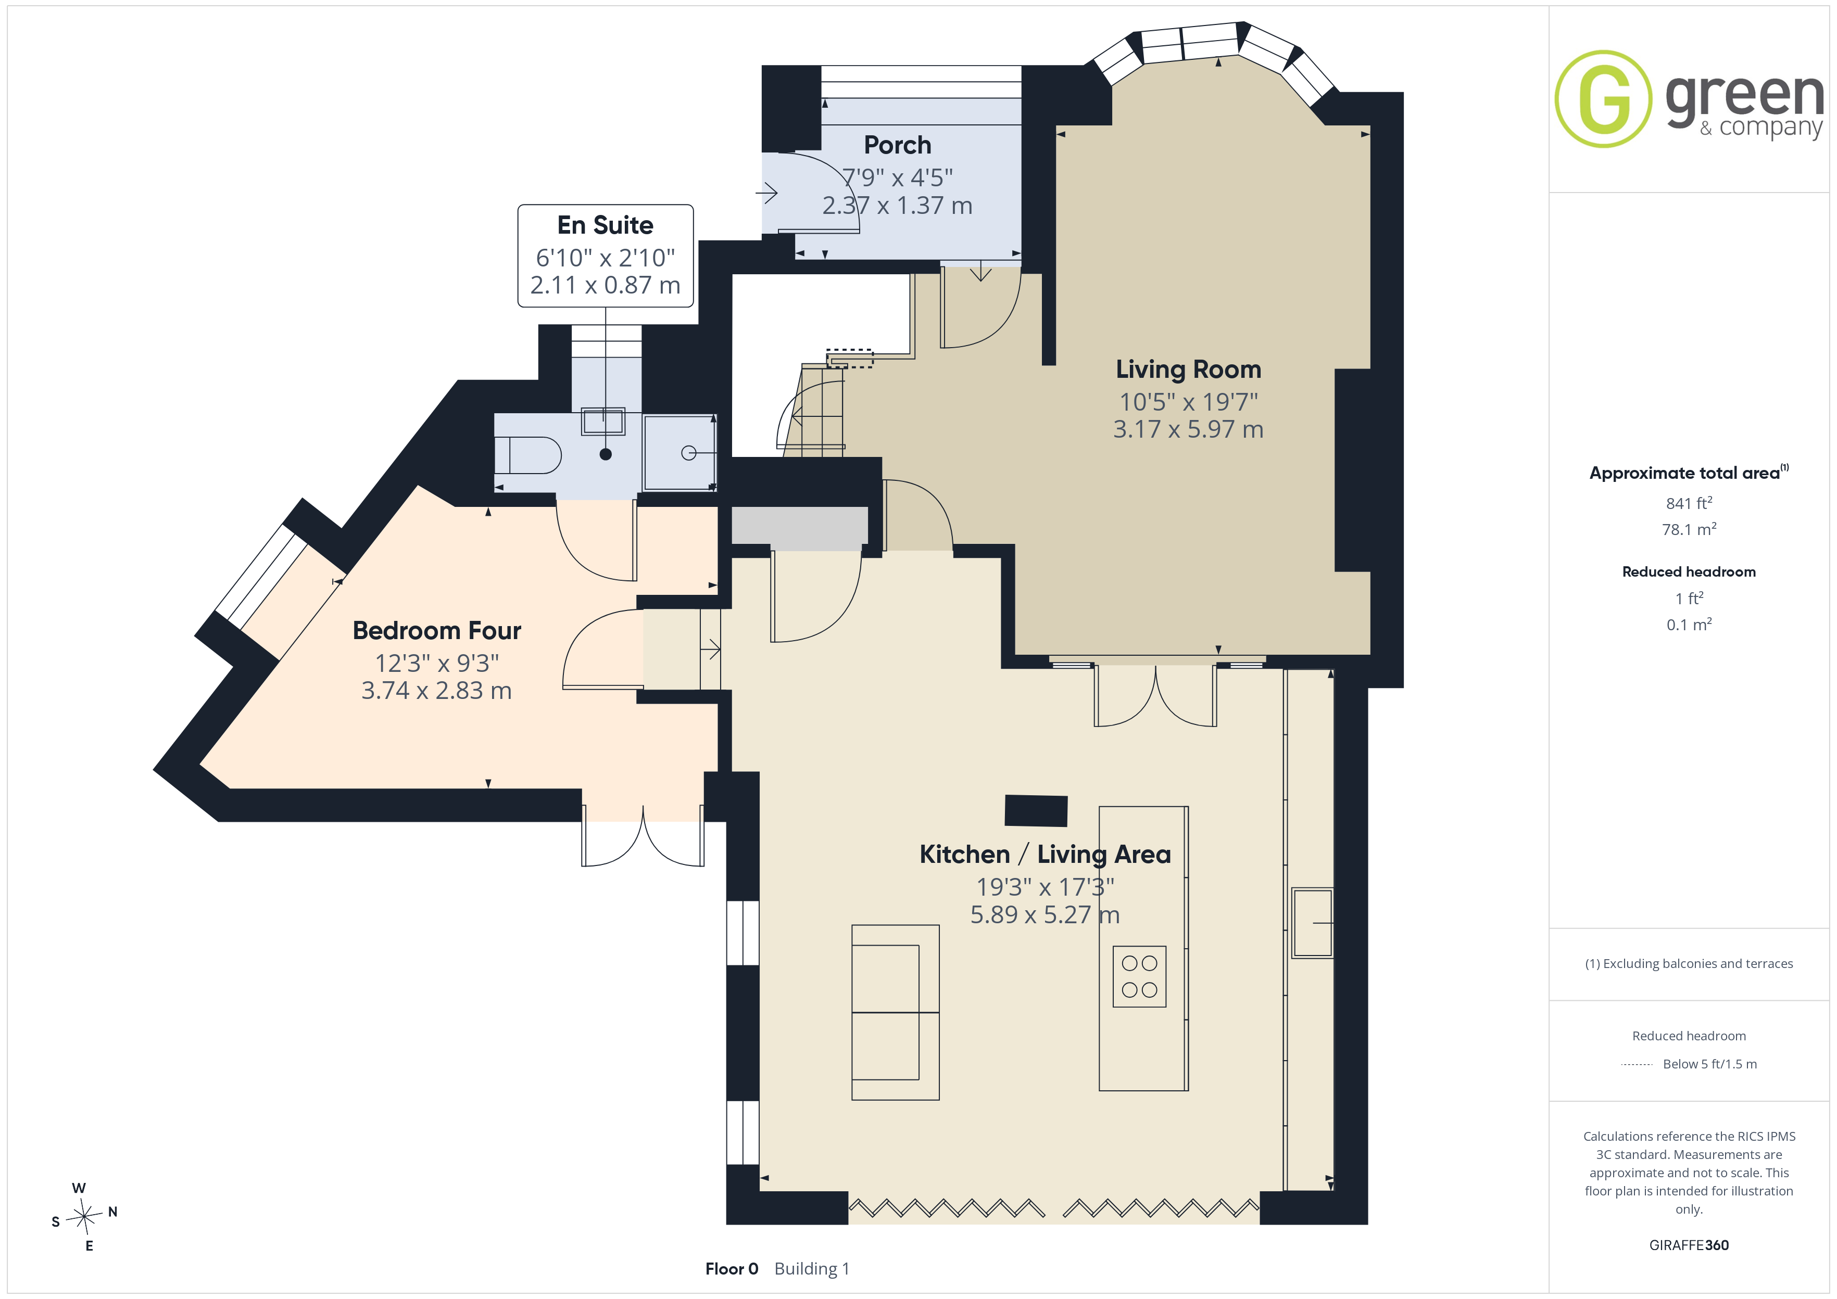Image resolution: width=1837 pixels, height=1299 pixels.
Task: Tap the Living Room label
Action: [1188, 369]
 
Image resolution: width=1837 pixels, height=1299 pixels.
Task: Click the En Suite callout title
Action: [605, 225]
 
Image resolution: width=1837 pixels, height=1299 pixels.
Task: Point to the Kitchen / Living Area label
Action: [1045, 854]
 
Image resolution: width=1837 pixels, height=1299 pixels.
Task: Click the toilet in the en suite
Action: [527, 455]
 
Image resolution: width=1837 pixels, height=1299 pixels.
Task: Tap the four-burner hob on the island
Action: [1139, 977]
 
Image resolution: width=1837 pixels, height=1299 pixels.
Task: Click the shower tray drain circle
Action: [688, 453]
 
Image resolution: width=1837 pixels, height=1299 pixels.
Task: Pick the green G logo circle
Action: [1603, 99]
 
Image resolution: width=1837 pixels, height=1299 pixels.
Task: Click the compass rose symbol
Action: [84, 1217]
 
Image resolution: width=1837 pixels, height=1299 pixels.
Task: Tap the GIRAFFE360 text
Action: [1689, 1245]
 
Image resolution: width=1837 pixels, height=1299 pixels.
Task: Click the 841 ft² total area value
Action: [1689, 503]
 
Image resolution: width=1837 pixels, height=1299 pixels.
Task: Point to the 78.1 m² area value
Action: [1689, 529]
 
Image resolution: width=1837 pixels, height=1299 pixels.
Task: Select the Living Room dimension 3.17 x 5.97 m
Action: [1188, 429]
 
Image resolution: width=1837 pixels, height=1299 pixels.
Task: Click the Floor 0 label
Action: [731, 1269]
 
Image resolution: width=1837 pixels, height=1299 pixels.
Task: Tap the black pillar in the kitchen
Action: [1036, 810]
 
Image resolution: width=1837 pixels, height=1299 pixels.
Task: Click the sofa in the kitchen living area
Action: [895, 1013]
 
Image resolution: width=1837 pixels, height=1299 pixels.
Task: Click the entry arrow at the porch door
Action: [766, 193]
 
